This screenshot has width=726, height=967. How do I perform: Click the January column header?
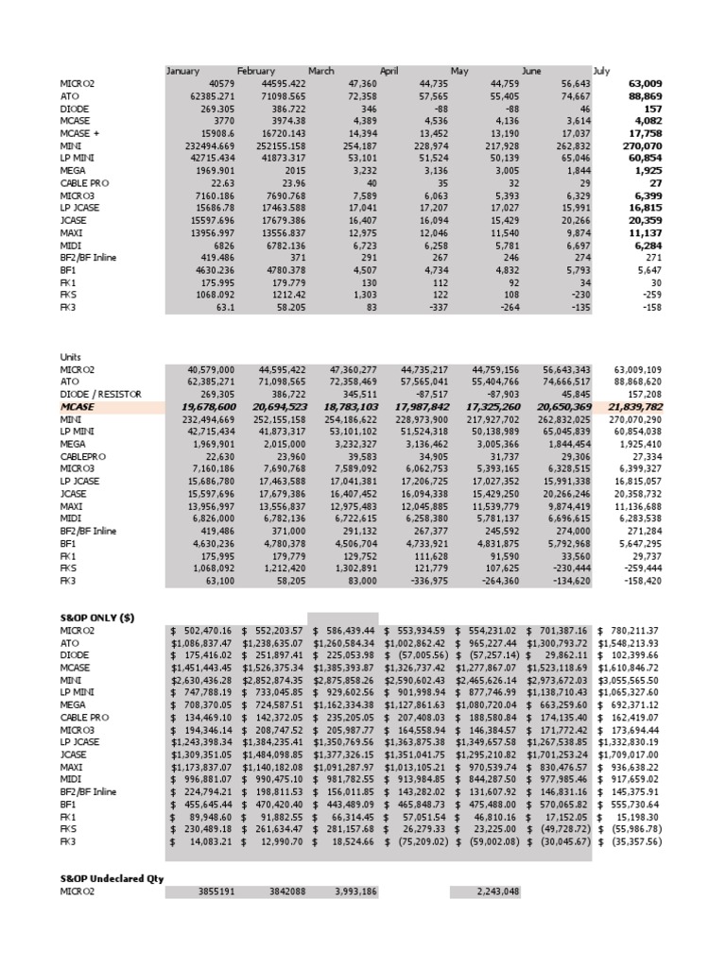coord(183,71)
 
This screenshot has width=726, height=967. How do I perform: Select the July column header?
coord(601,71)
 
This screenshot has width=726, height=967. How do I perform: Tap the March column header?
coord(321,71)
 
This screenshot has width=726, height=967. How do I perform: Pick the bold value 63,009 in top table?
coord(644,83)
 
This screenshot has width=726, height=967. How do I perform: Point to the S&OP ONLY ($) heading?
coord(97,617)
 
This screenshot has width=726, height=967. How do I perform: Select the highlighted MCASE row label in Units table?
coord(78,406)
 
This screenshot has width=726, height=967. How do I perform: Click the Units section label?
coord(71,356)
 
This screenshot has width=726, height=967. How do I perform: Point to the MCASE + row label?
coord(80,134)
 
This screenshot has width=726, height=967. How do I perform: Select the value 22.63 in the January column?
coord(223,184)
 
